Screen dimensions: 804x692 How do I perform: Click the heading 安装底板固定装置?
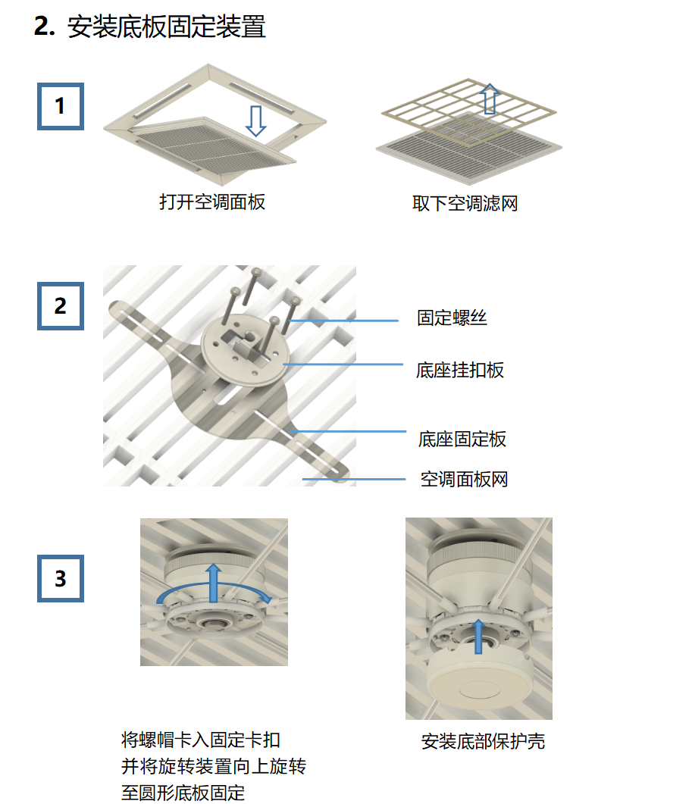click(166, 28)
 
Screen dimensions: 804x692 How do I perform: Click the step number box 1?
click(61, 107)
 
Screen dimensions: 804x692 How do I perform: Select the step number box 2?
click(61, 306)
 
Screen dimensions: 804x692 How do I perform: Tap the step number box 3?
click(61, 579)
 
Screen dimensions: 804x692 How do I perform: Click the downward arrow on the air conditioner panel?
click(256, 120)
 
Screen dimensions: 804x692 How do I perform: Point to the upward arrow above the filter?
click(490, 99)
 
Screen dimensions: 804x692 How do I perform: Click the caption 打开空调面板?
click(212, 202)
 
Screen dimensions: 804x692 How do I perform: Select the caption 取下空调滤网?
click(465, 204)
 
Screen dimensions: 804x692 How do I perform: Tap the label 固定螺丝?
click(452, 318)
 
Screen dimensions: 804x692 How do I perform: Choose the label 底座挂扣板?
click(460, 370)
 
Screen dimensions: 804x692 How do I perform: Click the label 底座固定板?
click(462, 439)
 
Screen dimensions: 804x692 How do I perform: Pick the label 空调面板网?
click(464, 479)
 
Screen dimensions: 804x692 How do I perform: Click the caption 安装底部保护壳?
click(483, 741)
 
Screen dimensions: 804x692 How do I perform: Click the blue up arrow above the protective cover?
click(478, 635)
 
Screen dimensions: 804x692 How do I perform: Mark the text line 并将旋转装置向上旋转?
click(214, 766)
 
